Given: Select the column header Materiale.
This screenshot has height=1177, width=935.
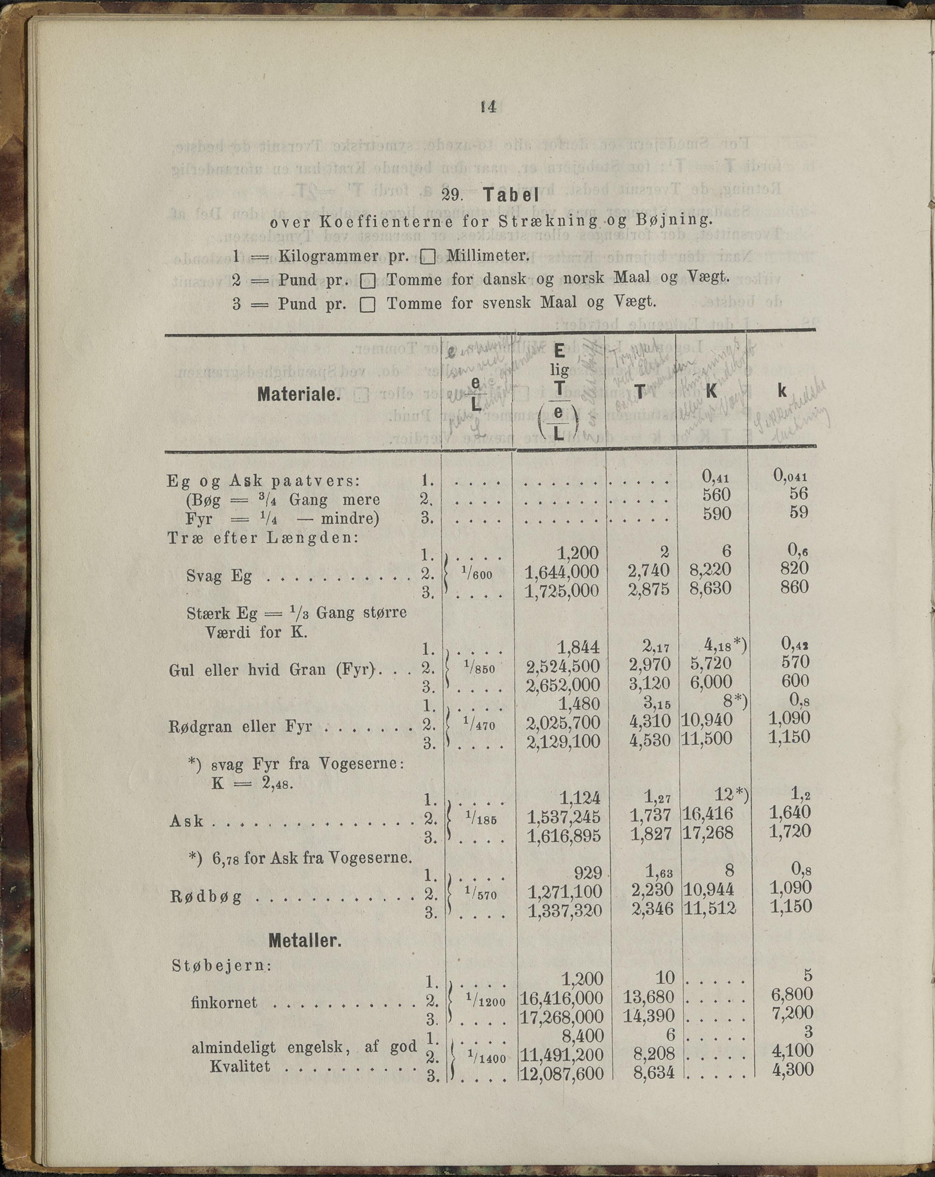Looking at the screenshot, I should click(x=299, y=394).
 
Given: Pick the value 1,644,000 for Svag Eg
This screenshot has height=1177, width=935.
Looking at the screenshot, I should click(x=561, y=571).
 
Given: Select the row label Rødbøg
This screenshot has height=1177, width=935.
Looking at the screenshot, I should click(x=206, y=897).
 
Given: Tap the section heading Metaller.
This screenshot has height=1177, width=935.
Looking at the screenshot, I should click(x=305, y=941).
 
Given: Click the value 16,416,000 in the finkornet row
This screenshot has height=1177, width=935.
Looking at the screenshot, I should click(x=562, y=998).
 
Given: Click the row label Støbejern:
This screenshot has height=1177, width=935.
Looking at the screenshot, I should click(x=221, y=965).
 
